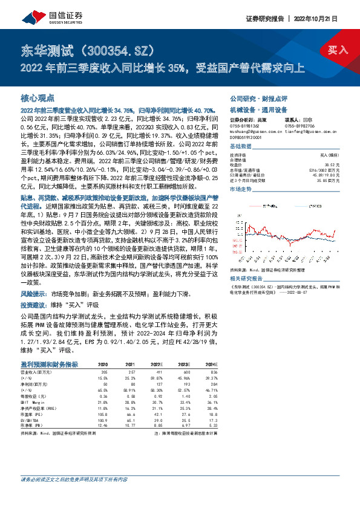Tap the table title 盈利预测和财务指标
49,364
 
